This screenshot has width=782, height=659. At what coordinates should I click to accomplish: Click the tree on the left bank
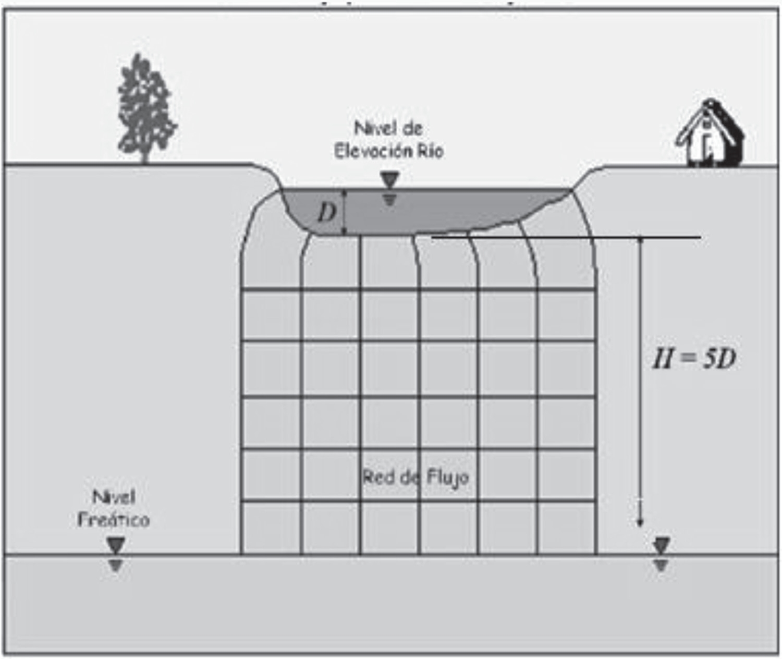click(x=144, y=107)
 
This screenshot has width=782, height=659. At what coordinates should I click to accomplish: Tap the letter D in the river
click(x=327, y=212)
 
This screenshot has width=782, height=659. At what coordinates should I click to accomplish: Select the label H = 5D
click(x=694, y=359)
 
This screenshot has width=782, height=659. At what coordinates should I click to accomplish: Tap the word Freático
click(x=114, y=519)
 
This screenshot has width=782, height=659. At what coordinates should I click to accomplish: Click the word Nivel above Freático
click(x=114, y=497)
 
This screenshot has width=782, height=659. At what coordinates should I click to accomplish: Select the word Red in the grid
click(x=377, y=477)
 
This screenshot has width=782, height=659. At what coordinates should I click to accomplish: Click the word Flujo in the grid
click(x=447, y=478)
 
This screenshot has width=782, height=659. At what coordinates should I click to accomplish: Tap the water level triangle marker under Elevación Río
click(x=389, y=181)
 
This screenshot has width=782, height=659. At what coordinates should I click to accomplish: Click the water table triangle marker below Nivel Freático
click(x=115, y=546)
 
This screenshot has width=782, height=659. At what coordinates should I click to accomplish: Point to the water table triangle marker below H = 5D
click(x=661, y=546)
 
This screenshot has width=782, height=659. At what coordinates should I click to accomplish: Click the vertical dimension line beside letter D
click(x=344, y=212)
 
